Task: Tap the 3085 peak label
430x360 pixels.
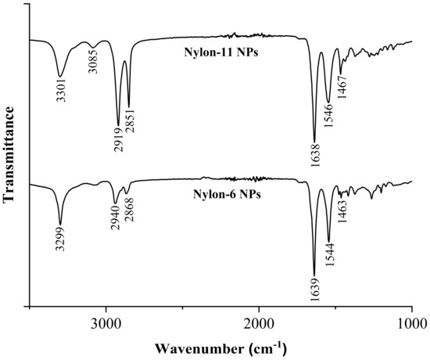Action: (x=94, y=61)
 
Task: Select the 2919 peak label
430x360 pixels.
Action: (x=117, y=138)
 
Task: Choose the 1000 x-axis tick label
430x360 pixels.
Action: (x=411, y=323)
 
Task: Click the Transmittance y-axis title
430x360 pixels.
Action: (x=10, y=155)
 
